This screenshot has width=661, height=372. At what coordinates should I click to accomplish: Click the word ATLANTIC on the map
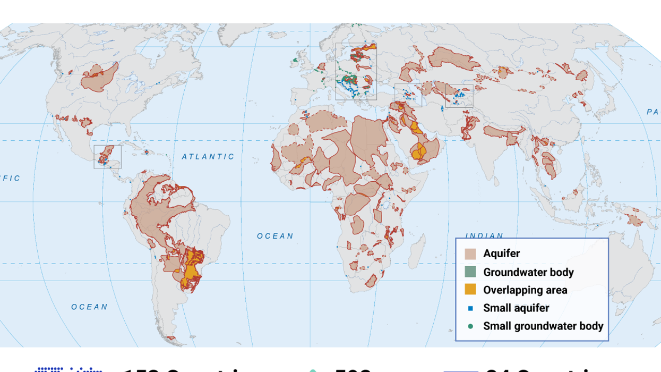pyautogui.click(x=208, y=157)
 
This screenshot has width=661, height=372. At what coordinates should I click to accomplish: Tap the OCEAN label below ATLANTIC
pyautogui.click(x=275, y=236)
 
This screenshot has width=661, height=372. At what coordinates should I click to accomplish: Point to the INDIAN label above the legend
pyautogui.click(x=484, y=235)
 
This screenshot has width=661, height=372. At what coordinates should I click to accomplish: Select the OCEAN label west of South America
pyautogui.click(x=89, y=307)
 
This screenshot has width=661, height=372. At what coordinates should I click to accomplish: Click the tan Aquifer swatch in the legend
pyautogui.click(x=470, y=254)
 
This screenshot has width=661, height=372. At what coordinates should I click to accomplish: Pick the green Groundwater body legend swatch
pyautogui.click(x=470, y=272)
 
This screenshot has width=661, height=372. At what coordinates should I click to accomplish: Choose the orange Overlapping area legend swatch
pyautogui.click(x=470, y=290)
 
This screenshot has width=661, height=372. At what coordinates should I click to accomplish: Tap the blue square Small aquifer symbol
pyautogui.click(x=470, y=308)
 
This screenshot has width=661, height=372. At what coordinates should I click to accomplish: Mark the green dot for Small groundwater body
pyautogui.click(x=470, y=326)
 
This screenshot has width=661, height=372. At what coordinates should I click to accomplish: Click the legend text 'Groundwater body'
pyautogui.click(x=528, y=272)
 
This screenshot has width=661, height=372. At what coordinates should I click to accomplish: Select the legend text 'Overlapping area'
pyautogui.click(x=525, y=290)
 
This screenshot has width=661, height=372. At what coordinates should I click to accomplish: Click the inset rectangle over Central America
pyautogui.click(x=108, y=157)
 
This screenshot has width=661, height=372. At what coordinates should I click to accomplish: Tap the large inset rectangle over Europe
pyautogui.click(x=356, y=71)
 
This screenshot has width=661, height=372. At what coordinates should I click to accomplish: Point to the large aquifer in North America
pyautogui.click(x=99, y=78)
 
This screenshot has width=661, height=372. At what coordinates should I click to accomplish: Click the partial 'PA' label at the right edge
pyautogui.click(x=653, y=112)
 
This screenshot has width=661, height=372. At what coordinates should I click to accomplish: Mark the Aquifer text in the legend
pyautogui.click(x=501, y=254)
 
